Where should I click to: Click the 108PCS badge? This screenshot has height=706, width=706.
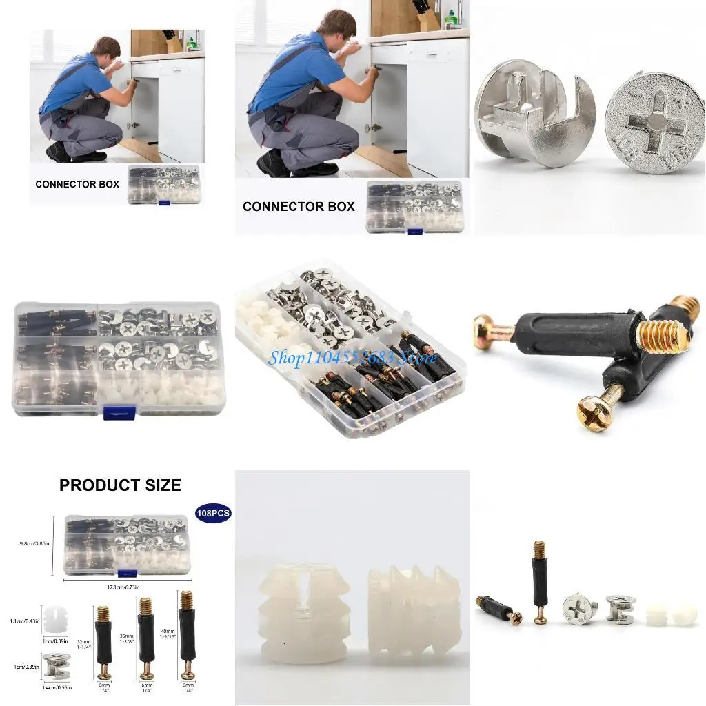click(x=213, y=514)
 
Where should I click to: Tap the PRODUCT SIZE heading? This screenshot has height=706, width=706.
click(x=120, y=485)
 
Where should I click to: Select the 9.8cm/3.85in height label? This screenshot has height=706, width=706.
click(x=34, y=544)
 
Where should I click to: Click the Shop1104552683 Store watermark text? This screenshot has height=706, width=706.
click(x=352, y=357)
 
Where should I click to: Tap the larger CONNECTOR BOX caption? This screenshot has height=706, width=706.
click(x=299, y=206)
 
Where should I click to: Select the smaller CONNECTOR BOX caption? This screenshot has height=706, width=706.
click(x=77, y=184)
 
